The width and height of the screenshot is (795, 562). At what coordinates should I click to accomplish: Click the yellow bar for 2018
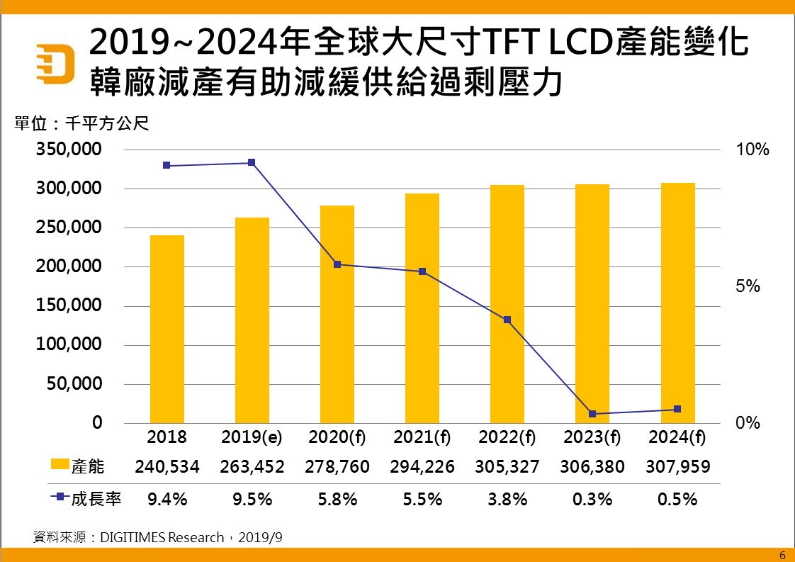click(x=167, y=329)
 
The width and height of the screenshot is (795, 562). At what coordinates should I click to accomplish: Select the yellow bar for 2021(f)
click(x=422, y=308)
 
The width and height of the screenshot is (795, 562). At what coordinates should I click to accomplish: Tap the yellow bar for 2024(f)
click(x=677, y=303)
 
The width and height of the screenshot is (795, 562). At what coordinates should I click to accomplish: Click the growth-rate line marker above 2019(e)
click(x=252, y=163)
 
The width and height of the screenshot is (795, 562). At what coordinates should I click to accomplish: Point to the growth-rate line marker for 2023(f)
click(x=592, y=414)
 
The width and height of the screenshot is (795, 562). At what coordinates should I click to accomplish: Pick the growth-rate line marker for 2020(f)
click(x=337, y=264)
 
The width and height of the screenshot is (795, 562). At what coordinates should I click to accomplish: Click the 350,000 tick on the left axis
click(x=69, y=150)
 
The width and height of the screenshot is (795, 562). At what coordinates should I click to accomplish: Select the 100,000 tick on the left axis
click(x=69, y=345)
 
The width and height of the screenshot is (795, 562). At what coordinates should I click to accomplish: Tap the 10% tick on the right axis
click(x=752, y=150)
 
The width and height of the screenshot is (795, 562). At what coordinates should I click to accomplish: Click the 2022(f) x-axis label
click(x=507, y=437)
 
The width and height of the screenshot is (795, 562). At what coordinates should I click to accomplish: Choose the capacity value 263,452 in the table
click(x=252, y=467)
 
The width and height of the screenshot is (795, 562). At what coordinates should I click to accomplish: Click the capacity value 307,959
click(x=677, y=467)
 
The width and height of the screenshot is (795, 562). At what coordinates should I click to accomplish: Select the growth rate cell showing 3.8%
click(x=507, y=499)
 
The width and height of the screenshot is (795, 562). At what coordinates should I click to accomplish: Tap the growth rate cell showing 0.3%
click(x=592, y=499)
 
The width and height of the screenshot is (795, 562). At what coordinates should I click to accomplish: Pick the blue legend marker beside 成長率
click(x=60, y=498)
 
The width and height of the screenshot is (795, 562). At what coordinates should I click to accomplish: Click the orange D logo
click(x=57, y=63)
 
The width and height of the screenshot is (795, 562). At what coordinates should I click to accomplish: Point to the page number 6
click(x=782, y=554)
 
